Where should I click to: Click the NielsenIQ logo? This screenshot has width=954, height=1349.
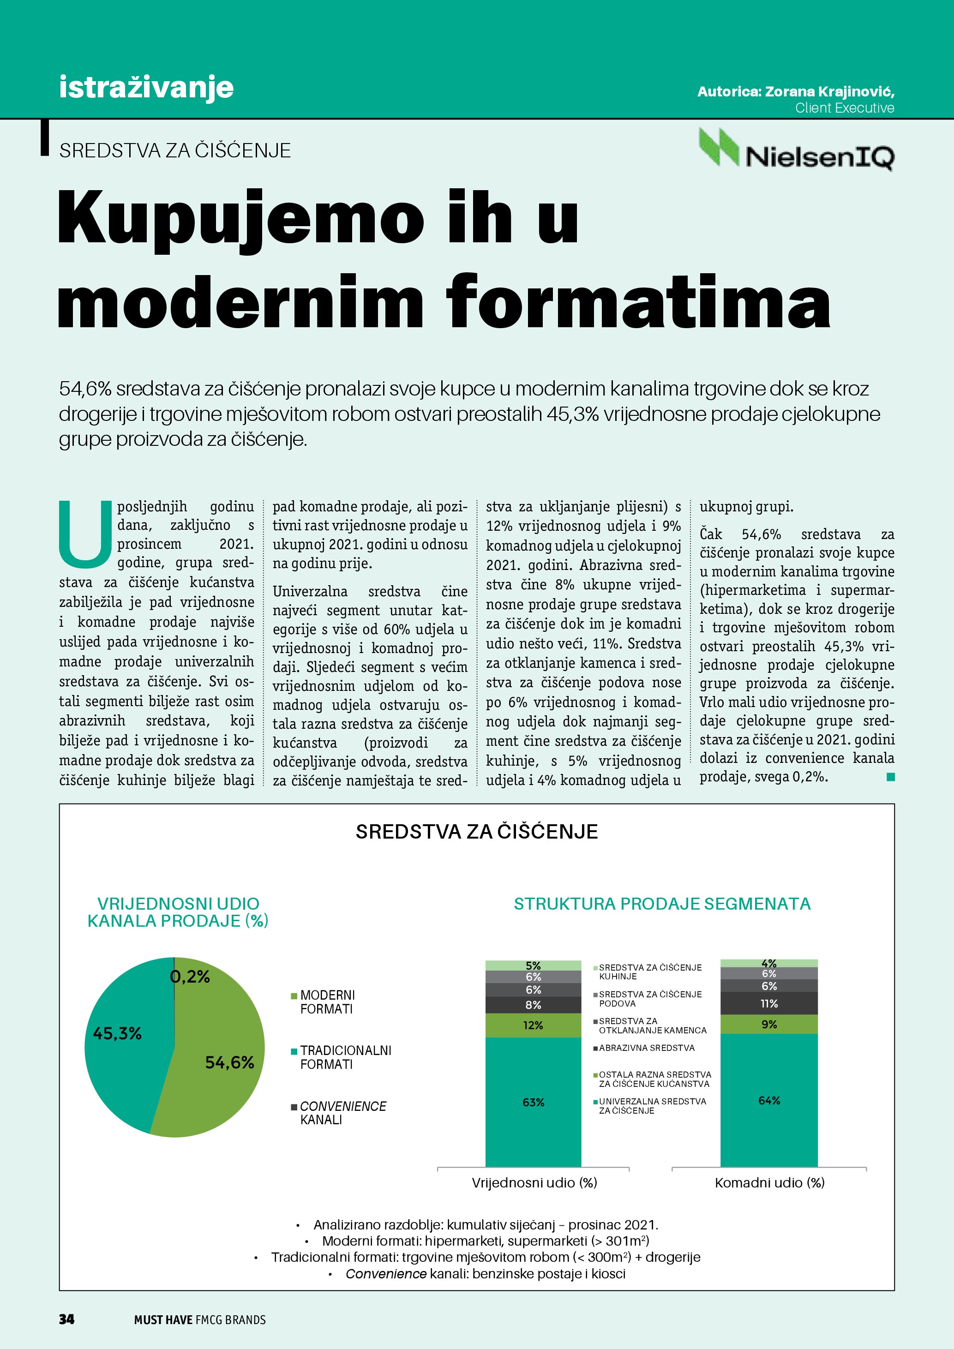(x=796, y=150)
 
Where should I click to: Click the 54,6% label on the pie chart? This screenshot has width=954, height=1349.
(x=229, y=1062)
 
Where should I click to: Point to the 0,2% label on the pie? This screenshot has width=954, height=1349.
(x=190, y=977)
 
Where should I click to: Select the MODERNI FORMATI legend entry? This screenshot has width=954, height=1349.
(x=327, y=1002)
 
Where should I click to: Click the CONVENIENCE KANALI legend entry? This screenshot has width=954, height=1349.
(x=342, y=1113)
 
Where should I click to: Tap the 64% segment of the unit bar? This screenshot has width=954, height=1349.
(x=769, y=1100)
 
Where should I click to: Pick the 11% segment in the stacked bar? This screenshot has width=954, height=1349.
(x=769, y=1003)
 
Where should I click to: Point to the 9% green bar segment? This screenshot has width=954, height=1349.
(x=769, y=1024)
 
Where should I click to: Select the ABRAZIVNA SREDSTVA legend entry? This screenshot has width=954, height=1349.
(x=646, y=1048)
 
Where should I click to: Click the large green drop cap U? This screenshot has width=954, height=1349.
(x=85, y=535)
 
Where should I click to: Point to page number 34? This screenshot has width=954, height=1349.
(x=66, y=1319)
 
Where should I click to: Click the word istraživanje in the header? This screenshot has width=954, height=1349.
(x=146, y=87)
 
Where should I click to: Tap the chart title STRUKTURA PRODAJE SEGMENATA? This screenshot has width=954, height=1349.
(x=662, y=904)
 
